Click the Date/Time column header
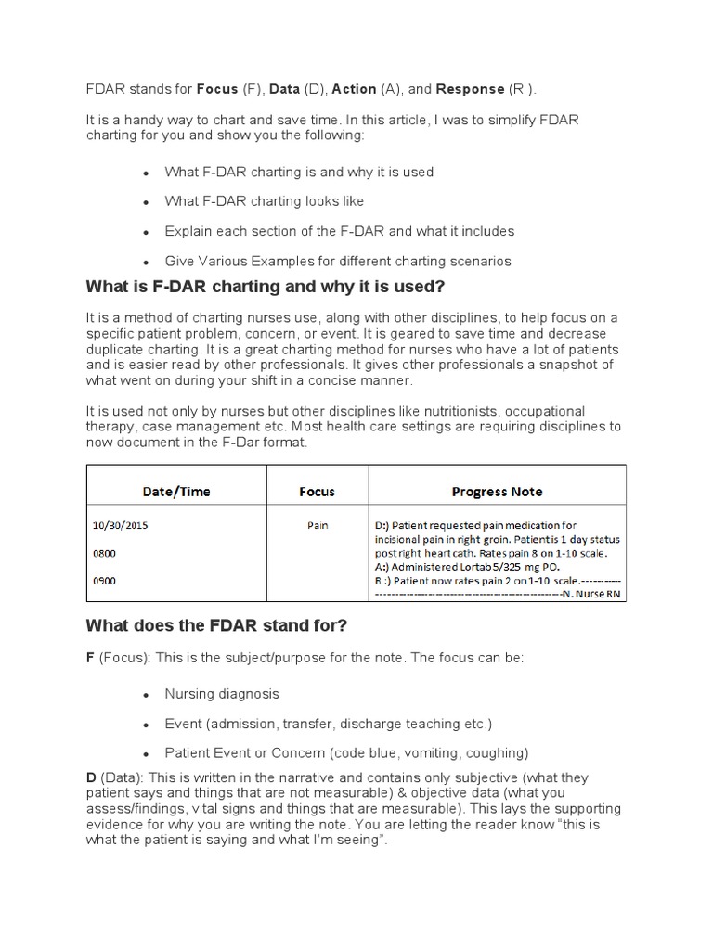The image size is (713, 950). click(x=176, y=491)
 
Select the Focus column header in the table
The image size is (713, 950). click(x=318, y=491)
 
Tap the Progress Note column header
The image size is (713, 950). click(x=497, y=491)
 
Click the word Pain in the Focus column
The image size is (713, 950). click(x=318, y=525)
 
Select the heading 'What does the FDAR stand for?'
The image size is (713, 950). click(x=215, y=625)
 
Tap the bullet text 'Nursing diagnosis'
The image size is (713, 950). click(x=222, y=694)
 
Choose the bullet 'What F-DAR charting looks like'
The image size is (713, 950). click(x=265, y=201)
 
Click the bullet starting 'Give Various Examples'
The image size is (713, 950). click(x=338, y=261)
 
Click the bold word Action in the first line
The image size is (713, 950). click(x=354, y=89)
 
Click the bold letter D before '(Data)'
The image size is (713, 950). click(x=90, y=777)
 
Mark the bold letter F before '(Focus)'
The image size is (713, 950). click(x=90, y=657)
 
